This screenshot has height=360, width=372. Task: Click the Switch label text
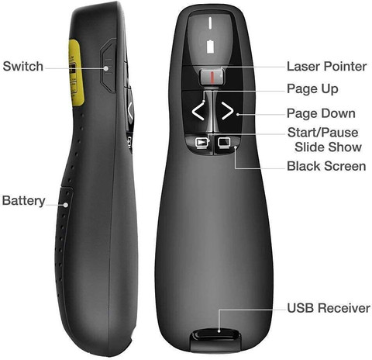23,66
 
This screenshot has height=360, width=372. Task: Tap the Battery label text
24,201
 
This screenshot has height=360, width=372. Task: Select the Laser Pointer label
327,67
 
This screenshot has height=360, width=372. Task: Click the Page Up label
312,89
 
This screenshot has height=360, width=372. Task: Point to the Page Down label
321,113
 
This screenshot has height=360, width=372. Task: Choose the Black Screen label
326,166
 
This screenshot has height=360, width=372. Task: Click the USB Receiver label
329,308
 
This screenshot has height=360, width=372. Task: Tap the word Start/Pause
323,133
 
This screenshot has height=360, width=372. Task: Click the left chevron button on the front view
198,111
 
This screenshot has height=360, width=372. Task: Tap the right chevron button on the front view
227,111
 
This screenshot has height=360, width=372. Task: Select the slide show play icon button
201,143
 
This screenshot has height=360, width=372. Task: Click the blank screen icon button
224,142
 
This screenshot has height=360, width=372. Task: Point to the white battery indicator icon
211,47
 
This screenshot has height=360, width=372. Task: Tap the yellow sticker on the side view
76,72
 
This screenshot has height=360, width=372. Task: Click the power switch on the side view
108,67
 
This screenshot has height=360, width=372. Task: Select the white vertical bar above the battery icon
210,22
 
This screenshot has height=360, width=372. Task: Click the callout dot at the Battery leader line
66,205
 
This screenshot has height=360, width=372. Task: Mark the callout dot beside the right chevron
238,114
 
